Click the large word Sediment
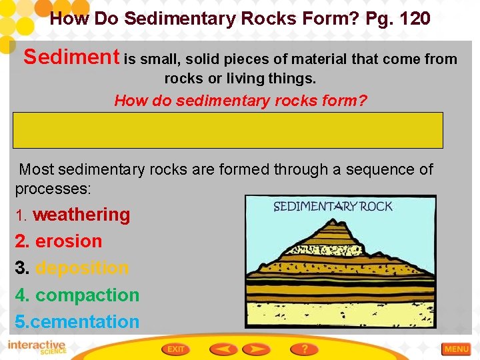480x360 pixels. (71, 57)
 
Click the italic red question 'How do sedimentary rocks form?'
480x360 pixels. (241, 101)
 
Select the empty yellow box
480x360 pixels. (227, 130)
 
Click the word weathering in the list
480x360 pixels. (81, 215)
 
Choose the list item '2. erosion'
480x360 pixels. (59, 241)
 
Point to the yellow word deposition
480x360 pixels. (82, 268)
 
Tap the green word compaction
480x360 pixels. (87, 295)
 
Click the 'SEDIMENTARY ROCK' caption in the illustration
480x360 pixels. (333, 206)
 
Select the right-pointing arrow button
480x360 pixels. (257, 349)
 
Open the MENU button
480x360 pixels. (457, 349)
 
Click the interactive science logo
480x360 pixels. (37, 348)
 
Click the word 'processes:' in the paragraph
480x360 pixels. (53, 189)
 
